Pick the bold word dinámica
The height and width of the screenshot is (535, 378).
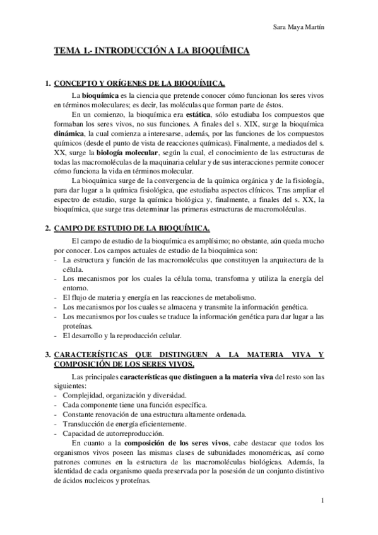click(70, 134)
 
